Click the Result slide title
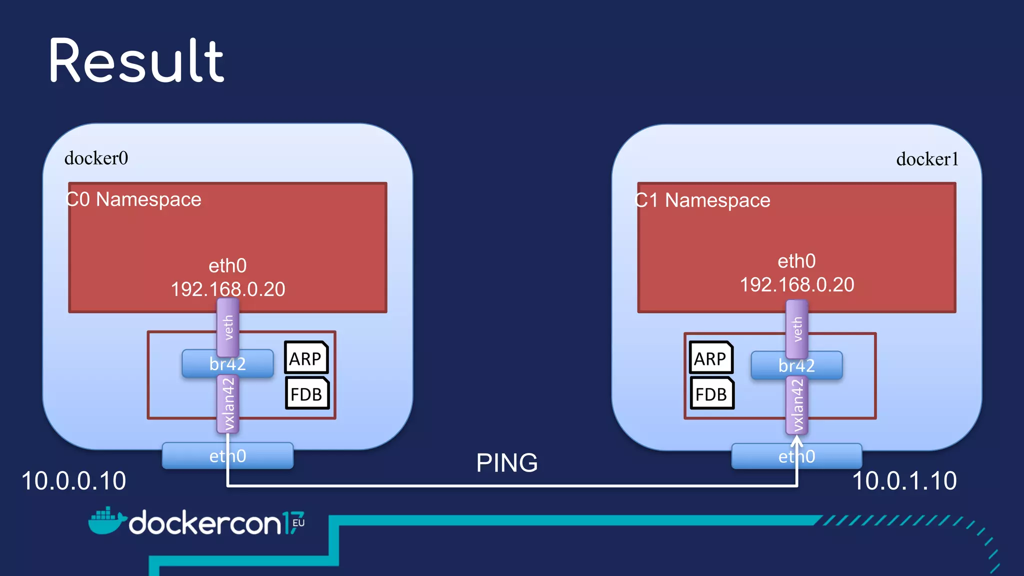click(136, 61)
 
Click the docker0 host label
click(96, 158)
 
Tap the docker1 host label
click(927, 159)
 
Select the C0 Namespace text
click(133, 199)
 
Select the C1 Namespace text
click(702, 200)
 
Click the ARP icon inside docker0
click(306, 358)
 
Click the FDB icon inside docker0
click(307, 393)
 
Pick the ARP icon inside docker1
click(710, 358)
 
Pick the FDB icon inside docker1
click(711, 393)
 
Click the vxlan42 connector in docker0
click(228, 404)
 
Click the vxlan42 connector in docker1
click(797, 405)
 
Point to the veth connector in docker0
click(228, 327)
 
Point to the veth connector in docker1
click(797, 328)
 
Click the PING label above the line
click(506, 463)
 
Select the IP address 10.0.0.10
click(74, 481)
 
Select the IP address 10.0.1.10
click(904, 481)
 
